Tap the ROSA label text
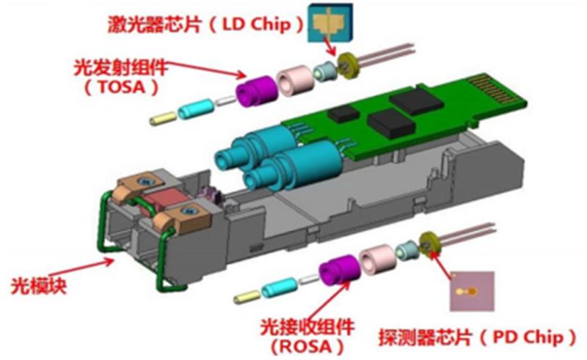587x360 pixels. click(x=306, y=346)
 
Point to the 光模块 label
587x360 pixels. click(x=39, y=286)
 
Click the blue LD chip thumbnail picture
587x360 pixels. click(x=329, y=23)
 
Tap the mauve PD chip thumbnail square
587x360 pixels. click(x=472, y=291)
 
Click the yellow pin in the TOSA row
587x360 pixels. click(x=163, y=118)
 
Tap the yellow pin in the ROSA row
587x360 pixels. click(x=247, y=297)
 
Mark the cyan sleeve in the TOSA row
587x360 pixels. click(x=196, y=109)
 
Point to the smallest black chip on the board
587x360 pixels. click(x=343, y=114)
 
